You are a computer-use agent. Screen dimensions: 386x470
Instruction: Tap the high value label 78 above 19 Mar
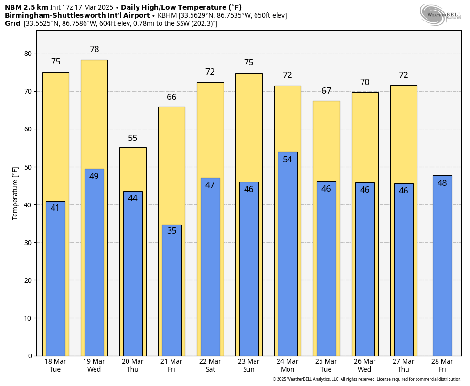(94, 49)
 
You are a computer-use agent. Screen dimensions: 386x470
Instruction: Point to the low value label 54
(288, 160)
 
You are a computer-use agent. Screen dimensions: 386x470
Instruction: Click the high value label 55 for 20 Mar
(133, 138)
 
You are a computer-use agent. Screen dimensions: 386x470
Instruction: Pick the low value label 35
(171, 231)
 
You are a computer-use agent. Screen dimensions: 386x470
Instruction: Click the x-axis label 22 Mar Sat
(210, 365)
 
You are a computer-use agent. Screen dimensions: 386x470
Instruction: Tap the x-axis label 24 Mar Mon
(288, 365)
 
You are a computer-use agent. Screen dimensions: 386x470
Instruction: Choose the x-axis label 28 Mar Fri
(442, 365)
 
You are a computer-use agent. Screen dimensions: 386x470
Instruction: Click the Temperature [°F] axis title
(15, 193)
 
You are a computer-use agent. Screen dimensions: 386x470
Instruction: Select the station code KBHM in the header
(167, 15)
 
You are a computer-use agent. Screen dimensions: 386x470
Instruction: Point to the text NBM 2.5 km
(26, 7)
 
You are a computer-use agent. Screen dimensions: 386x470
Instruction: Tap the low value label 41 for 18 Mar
(55, 208)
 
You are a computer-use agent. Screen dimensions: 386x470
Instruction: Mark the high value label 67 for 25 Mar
(326, 91)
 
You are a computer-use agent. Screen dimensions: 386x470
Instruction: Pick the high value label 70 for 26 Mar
(365, 82)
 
